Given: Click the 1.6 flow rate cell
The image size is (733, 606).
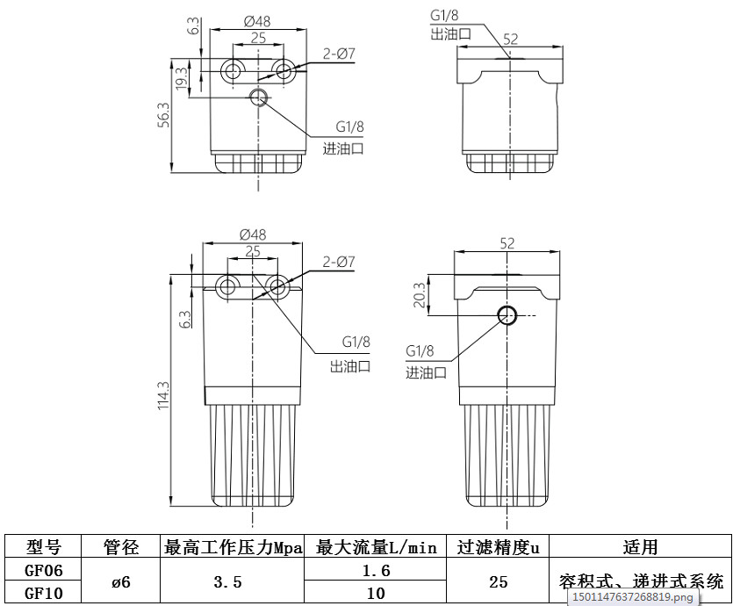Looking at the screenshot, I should click(x=376, y=570).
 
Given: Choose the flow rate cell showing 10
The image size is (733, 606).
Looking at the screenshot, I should click(x=376, y=593).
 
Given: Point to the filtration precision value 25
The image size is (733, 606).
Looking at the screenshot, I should click(x=499, y=581).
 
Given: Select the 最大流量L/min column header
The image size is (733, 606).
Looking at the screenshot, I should click(x=376, y=547).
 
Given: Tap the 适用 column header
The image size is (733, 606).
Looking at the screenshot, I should click(x=640, y=547).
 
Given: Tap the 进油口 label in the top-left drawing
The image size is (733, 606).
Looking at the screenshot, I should click(x=343, y=148).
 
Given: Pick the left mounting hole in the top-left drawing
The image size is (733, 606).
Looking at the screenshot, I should click(x=233, y=70).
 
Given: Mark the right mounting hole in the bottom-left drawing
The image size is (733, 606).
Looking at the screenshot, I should click(x=279, y=285).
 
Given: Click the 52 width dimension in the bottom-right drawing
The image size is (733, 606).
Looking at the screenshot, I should click(x=507, y=243).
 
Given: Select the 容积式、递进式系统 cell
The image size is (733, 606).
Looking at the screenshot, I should click(x=640, y=581).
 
